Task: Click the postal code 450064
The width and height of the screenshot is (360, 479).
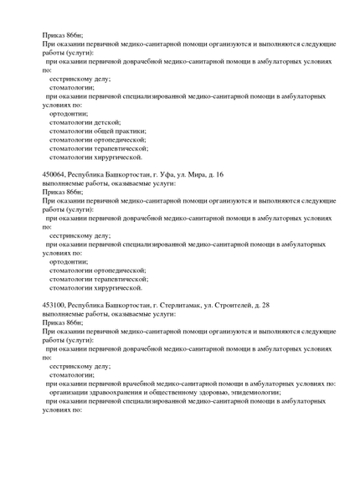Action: point(54,174)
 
